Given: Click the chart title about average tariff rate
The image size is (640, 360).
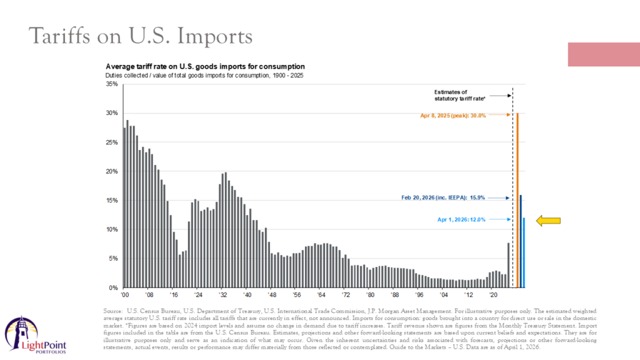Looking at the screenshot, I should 205,66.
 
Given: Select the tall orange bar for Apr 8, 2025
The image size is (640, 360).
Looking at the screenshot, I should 517,200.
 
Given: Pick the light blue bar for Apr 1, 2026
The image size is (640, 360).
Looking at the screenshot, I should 524,252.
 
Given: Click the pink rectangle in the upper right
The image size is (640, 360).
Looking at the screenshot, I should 603,54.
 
